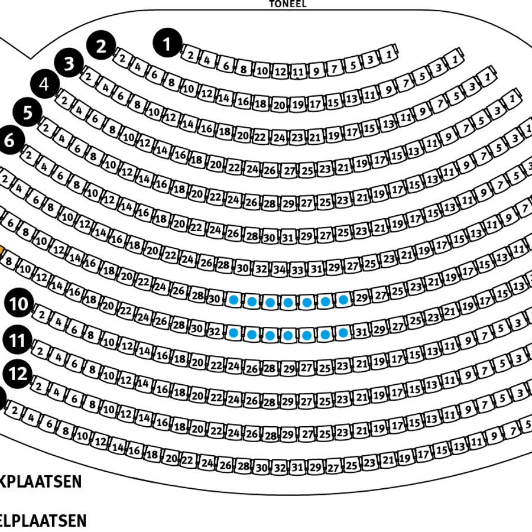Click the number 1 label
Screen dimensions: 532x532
(x=167, y=45)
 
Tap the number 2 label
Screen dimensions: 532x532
(x=101, y=47)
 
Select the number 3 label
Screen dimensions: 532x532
(x=69, y=64)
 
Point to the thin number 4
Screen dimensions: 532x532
(x=44, y=85)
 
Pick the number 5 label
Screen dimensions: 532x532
(x=28, y=113)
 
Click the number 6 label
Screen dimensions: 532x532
(x=9, y=141)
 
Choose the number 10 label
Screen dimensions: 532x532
(x=18, y=304)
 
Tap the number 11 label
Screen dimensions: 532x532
(x=17, y=341)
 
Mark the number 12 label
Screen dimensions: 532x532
(x=18, y=374)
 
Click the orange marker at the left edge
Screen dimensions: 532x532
(x=1, y=250)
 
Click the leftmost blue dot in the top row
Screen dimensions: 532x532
(x=233, y=300)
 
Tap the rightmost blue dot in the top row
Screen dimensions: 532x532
(x=343, y=300)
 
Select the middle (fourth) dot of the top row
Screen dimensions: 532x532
(x=288, y=303)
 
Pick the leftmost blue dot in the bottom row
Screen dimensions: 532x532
(x=233, y=333)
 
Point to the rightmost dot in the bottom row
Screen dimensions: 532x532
(x=343, y=333)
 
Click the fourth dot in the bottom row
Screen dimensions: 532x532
(x=288, y=336)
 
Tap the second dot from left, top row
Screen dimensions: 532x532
(x=252, y=302)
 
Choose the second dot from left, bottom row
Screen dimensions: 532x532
(x=252, y=335)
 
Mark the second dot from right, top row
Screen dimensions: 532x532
(x=325, y=301)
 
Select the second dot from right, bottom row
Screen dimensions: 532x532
(x=325, y=335)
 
